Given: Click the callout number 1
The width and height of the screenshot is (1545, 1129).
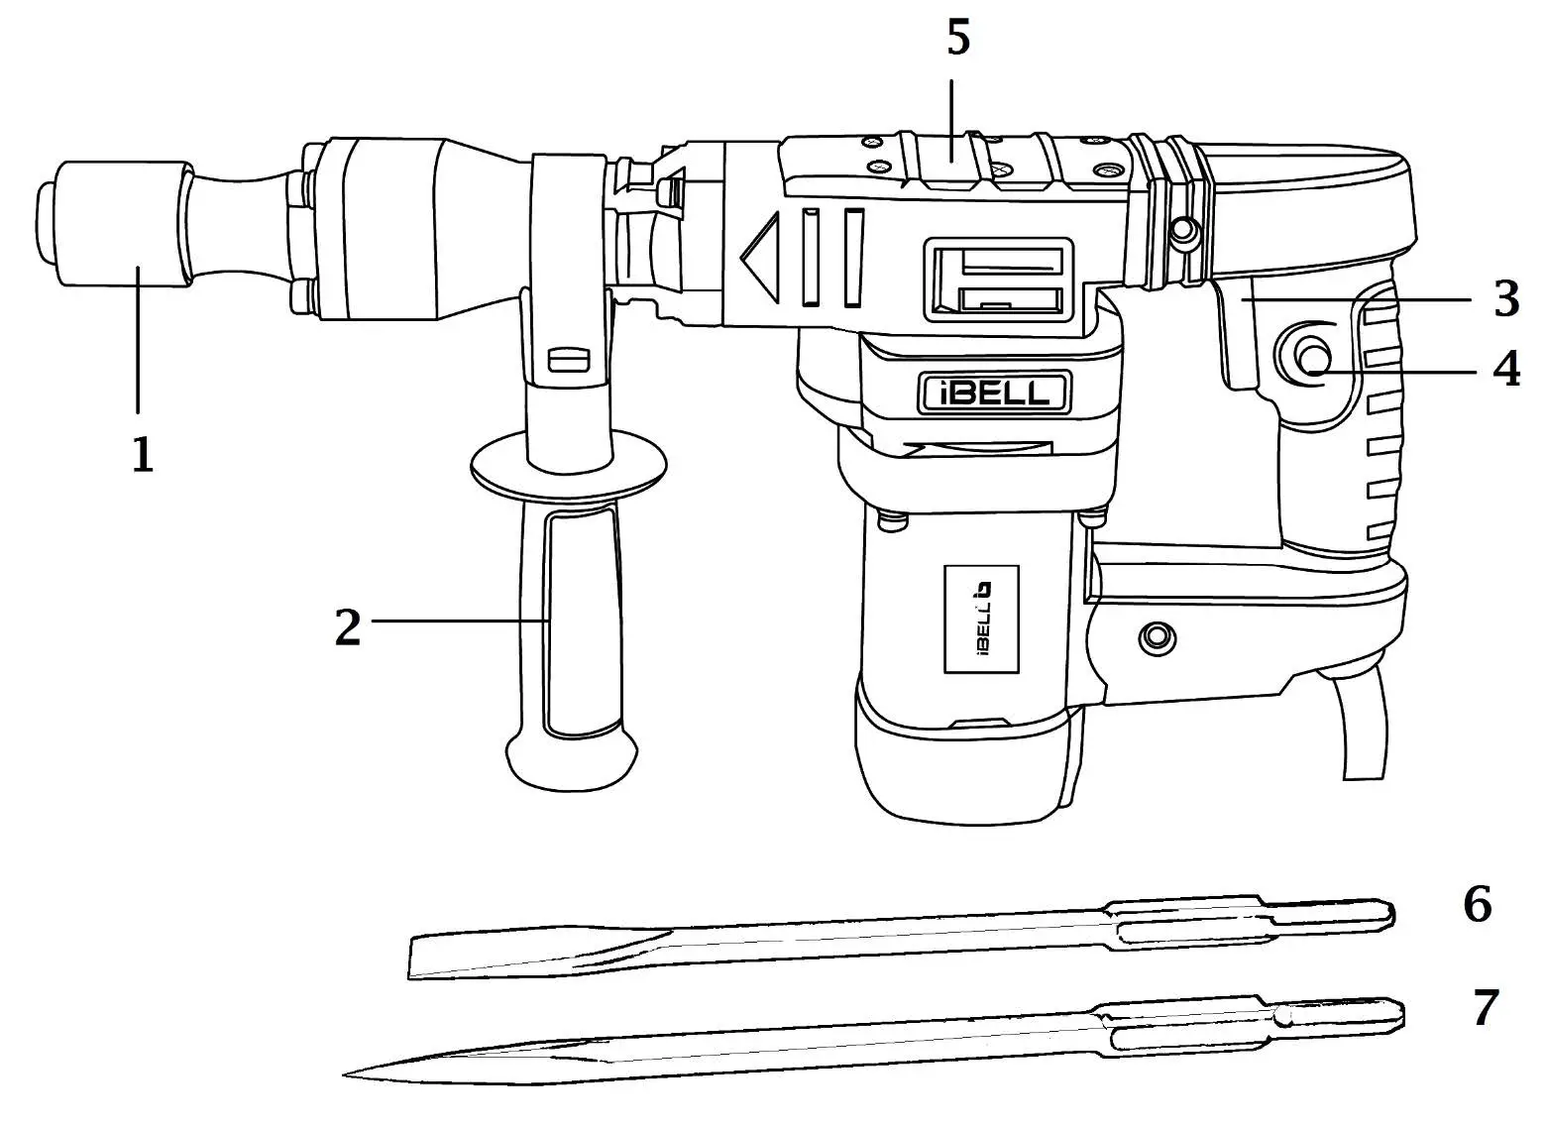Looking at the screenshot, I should (x=143, y=455).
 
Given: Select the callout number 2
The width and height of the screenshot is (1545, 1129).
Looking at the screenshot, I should (x=347, y=626).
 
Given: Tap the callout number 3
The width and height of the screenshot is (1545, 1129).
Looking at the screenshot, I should (x=1505, y=298).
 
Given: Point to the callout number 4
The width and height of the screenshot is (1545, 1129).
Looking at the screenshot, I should (x=1505, y=370).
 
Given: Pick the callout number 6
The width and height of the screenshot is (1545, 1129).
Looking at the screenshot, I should (x=1477, y=904).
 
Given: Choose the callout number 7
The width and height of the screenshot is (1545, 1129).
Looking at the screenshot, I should (x=1483, y=1008).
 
